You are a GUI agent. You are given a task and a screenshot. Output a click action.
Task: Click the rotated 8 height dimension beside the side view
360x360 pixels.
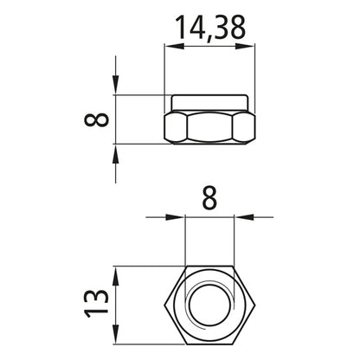(102, 118)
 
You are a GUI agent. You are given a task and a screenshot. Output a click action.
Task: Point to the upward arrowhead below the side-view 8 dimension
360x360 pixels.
(115, 149)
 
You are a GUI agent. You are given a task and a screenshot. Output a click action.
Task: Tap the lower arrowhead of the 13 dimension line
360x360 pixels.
(115, 330)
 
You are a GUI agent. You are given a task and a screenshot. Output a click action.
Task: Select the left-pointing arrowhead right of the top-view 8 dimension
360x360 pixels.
(240, 217)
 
